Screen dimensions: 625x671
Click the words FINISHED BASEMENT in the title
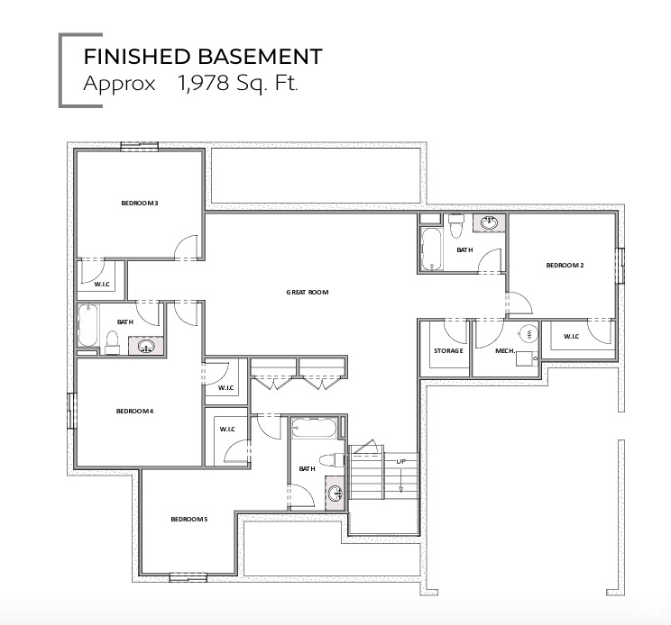[x=202, y=57]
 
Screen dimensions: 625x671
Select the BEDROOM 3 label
[x=140, y=204]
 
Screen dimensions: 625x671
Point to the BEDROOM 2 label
[x=565, y=265]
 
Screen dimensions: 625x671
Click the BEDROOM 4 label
[x=134, y=412]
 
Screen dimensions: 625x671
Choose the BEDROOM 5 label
[x=189, y=520]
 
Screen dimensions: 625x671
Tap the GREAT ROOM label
[x=308, y=293]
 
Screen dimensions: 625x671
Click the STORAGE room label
[x=448, y=350]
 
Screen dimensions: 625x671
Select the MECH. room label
[x=506, y=350]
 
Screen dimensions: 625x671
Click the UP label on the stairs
[x=400, y=462]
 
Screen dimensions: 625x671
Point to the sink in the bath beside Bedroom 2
[x=491, y=223]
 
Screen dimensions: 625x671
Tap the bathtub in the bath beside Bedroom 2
[x=432, y=249]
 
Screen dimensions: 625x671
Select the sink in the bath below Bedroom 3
[x=148, y=345]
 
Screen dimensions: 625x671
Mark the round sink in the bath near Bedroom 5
[x=335, y=493]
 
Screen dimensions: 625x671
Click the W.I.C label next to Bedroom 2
[x=572, y=337]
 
